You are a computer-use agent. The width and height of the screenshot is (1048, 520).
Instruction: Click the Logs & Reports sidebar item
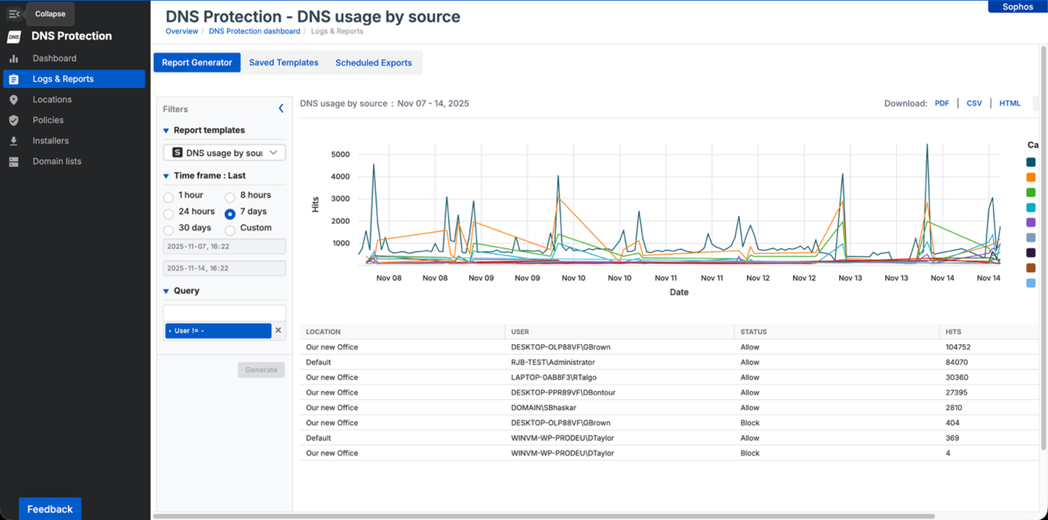click(x=63, y=79)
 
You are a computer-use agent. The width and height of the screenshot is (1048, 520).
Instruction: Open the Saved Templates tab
click(x=284, y=63)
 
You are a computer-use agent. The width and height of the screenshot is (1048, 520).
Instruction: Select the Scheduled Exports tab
click(x=373, y=63)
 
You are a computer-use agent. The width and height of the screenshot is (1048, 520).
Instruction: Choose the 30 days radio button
click(x=169, y=230)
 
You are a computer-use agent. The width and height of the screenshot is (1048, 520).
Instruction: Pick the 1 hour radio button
click(x=169, y=197)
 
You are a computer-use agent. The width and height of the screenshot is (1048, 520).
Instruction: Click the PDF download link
click(x=942, y=103)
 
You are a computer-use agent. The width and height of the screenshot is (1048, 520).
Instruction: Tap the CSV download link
click(x=974, y=103)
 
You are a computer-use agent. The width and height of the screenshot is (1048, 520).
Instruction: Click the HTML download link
click(x=1009, y=103)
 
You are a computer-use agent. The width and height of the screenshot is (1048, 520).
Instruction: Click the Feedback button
click(x=50, y=509)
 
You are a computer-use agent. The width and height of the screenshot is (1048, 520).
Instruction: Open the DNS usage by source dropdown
click(x=224, y=152)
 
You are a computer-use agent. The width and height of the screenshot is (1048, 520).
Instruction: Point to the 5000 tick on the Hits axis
click(x=341, y=155)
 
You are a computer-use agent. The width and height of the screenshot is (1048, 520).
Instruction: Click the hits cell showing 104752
click(x=958, y=347)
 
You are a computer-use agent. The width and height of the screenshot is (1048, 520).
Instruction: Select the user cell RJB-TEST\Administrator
click(x=553, y=363)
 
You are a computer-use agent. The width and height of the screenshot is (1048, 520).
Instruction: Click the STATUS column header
click(x=753, y=332)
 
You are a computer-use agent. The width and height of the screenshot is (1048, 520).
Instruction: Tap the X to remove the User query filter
click(x=278, y=330)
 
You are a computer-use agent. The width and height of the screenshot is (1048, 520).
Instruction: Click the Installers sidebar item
click(x=51, y=141)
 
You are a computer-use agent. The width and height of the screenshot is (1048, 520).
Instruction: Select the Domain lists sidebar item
click(x=56, y=161)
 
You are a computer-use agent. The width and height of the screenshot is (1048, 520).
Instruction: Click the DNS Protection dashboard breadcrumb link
click(x=254, y=31)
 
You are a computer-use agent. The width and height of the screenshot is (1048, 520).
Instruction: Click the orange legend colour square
click(x=1030, y=177)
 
